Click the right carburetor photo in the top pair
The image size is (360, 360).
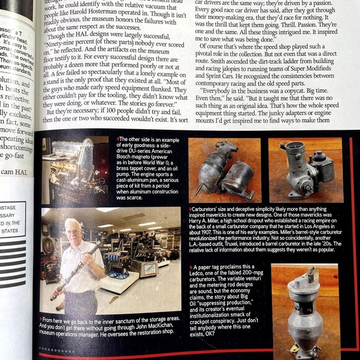tap(305, 169)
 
